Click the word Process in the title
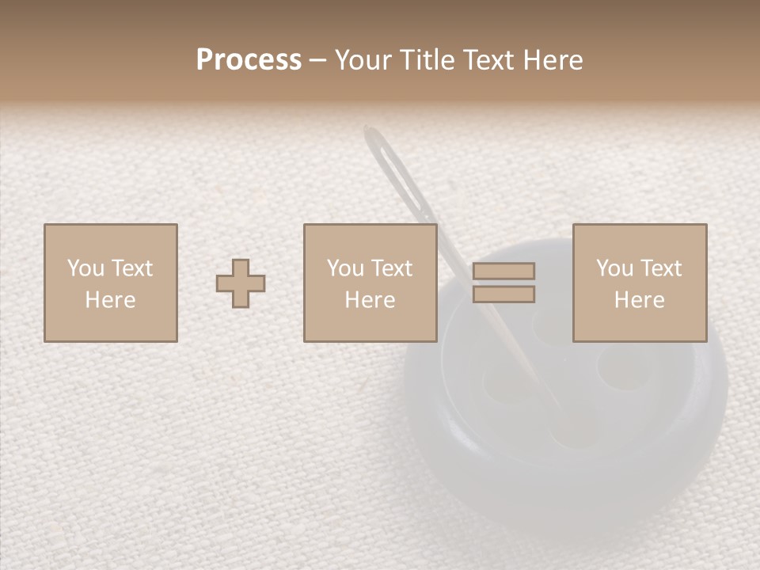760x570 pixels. (249, 60)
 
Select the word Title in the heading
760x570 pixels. (427, 60)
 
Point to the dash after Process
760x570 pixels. (318, 62)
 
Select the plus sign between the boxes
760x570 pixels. (241, 283)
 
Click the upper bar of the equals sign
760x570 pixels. (503, 272)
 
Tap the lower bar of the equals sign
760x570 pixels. (503, 294)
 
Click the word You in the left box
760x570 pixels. (85, 268)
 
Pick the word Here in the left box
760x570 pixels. (110, 300)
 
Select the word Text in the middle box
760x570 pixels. (390, 268)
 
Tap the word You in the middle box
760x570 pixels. (345, 268)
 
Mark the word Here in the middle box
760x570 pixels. (370, 300)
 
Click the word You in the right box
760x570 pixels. (614, 268)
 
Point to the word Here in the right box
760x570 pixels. (639, 300)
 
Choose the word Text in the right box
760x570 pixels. (659, 268)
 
